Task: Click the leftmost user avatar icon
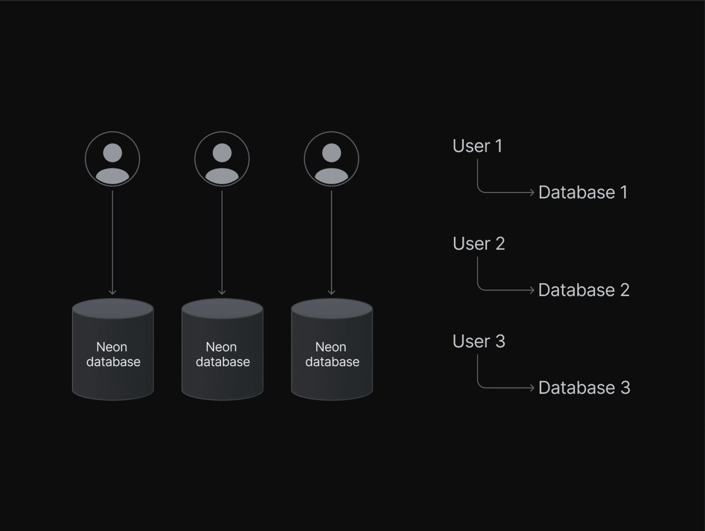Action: point(112,159)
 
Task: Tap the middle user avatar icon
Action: point(222,159)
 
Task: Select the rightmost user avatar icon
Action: point(331,159)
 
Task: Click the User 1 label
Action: point(477,146)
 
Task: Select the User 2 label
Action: point(478,244)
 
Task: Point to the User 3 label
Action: point(478,342)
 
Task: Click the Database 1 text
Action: point(583,192)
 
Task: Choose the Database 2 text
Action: point(584,290)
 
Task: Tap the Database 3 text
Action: point(584,388)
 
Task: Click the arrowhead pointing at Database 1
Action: point(532,192)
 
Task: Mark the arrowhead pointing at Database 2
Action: point(532,290)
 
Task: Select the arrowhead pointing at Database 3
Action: point(532,388)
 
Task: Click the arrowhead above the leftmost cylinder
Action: point(112,293)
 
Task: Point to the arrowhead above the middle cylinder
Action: point(222,293)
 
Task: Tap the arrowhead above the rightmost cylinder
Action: point(331,293)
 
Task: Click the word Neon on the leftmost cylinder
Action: point(112,347)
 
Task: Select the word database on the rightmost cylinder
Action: point(332,362)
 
